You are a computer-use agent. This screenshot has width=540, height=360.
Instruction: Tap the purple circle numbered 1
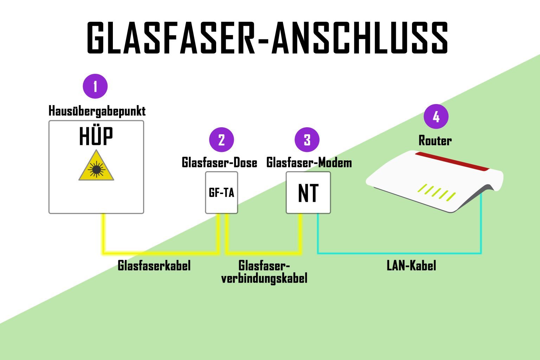pos(95,86)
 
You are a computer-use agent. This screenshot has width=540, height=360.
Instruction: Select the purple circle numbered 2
pos(221,140)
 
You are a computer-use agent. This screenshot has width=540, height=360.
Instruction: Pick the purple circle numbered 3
pos(307,140)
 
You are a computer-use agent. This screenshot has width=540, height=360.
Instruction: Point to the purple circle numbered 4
pos(436,116)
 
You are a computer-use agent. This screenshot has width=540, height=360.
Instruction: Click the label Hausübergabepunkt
pos(97,111)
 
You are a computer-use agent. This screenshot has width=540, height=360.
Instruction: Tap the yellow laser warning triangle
pos(96,167)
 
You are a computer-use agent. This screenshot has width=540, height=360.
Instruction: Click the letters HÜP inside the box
pos(96,137)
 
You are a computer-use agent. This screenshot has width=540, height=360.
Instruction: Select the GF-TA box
pos(221,193)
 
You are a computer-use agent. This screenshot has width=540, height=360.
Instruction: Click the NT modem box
pos(308,193)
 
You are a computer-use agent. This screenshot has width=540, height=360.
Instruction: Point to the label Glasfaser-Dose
pos(219,162)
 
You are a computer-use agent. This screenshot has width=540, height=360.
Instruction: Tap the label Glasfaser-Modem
pos(309,162)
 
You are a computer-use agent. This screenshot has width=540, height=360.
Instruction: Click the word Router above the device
pos(435,141)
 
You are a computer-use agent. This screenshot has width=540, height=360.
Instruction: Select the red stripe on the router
pos(452,161)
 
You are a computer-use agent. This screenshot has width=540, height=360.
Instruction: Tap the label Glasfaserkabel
pos(154,266)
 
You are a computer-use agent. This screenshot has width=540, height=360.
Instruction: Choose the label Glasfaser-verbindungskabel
pos(264,272)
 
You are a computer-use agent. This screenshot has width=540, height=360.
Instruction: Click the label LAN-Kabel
pos(411,266)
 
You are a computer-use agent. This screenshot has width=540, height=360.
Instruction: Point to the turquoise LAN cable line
pos(399,253)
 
